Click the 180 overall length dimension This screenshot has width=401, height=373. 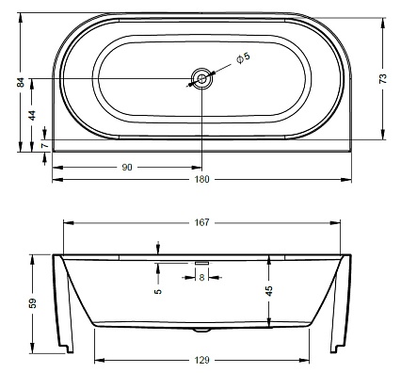[x=201, y=180]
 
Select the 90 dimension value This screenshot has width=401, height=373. [x=127, y=168]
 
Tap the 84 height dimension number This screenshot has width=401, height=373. [x=21, y=82]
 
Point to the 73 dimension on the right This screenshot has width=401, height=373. [x=383, y=78]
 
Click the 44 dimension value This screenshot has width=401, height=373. [x=32, y=116]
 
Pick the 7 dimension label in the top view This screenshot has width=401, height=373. [x=45, y=145]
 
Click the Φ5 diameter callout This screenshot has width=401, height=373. [x=243, y=58]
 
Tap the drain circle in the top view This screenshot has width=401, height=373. [x=202, y=78]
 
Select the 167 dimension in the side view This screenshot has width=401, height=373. [x=201, y=222]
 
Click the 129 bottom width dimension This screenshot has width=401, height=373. [x=201, y=360]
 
